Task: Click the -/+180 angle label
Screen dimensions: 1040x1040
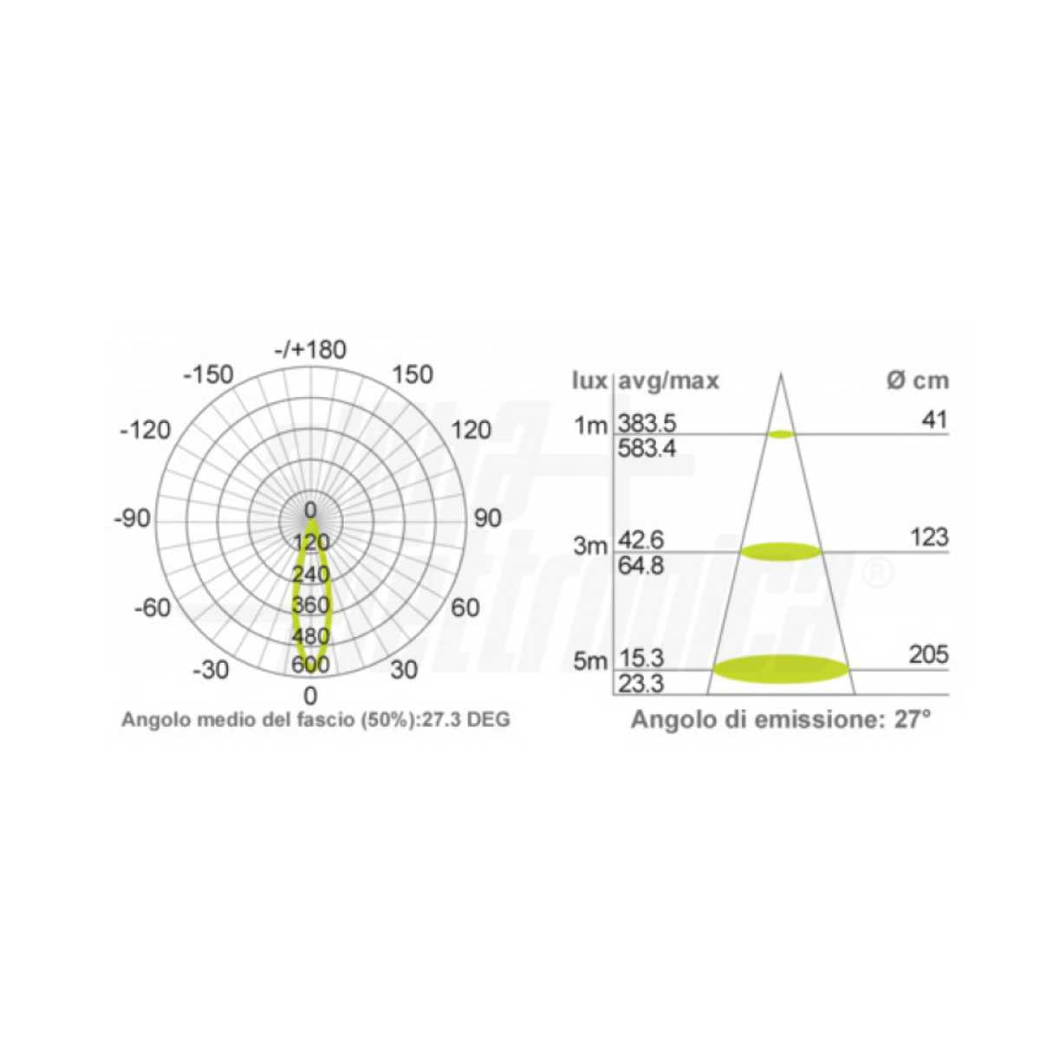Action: tap(310, 350)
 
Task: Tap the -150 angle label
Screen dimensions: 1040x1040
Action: tap(208, 375)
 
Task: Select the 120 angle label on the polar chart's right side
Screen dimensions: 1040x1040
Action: tap(471, 430)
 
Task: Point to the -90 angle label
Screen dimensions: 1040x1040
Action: tap(133, 518)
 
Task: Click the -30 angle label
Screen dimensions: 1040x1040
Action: tap(211, 670)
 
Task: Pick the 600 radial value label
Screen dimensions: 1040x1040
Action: tap(310, 665)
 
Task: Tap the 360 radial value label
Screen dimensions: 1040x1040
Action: tap(310, 605)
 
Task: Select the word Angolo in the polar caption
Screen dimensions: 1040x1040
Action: tap(148, 720)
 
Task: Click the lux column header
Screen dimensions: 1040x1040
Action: tap(590, 381)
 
